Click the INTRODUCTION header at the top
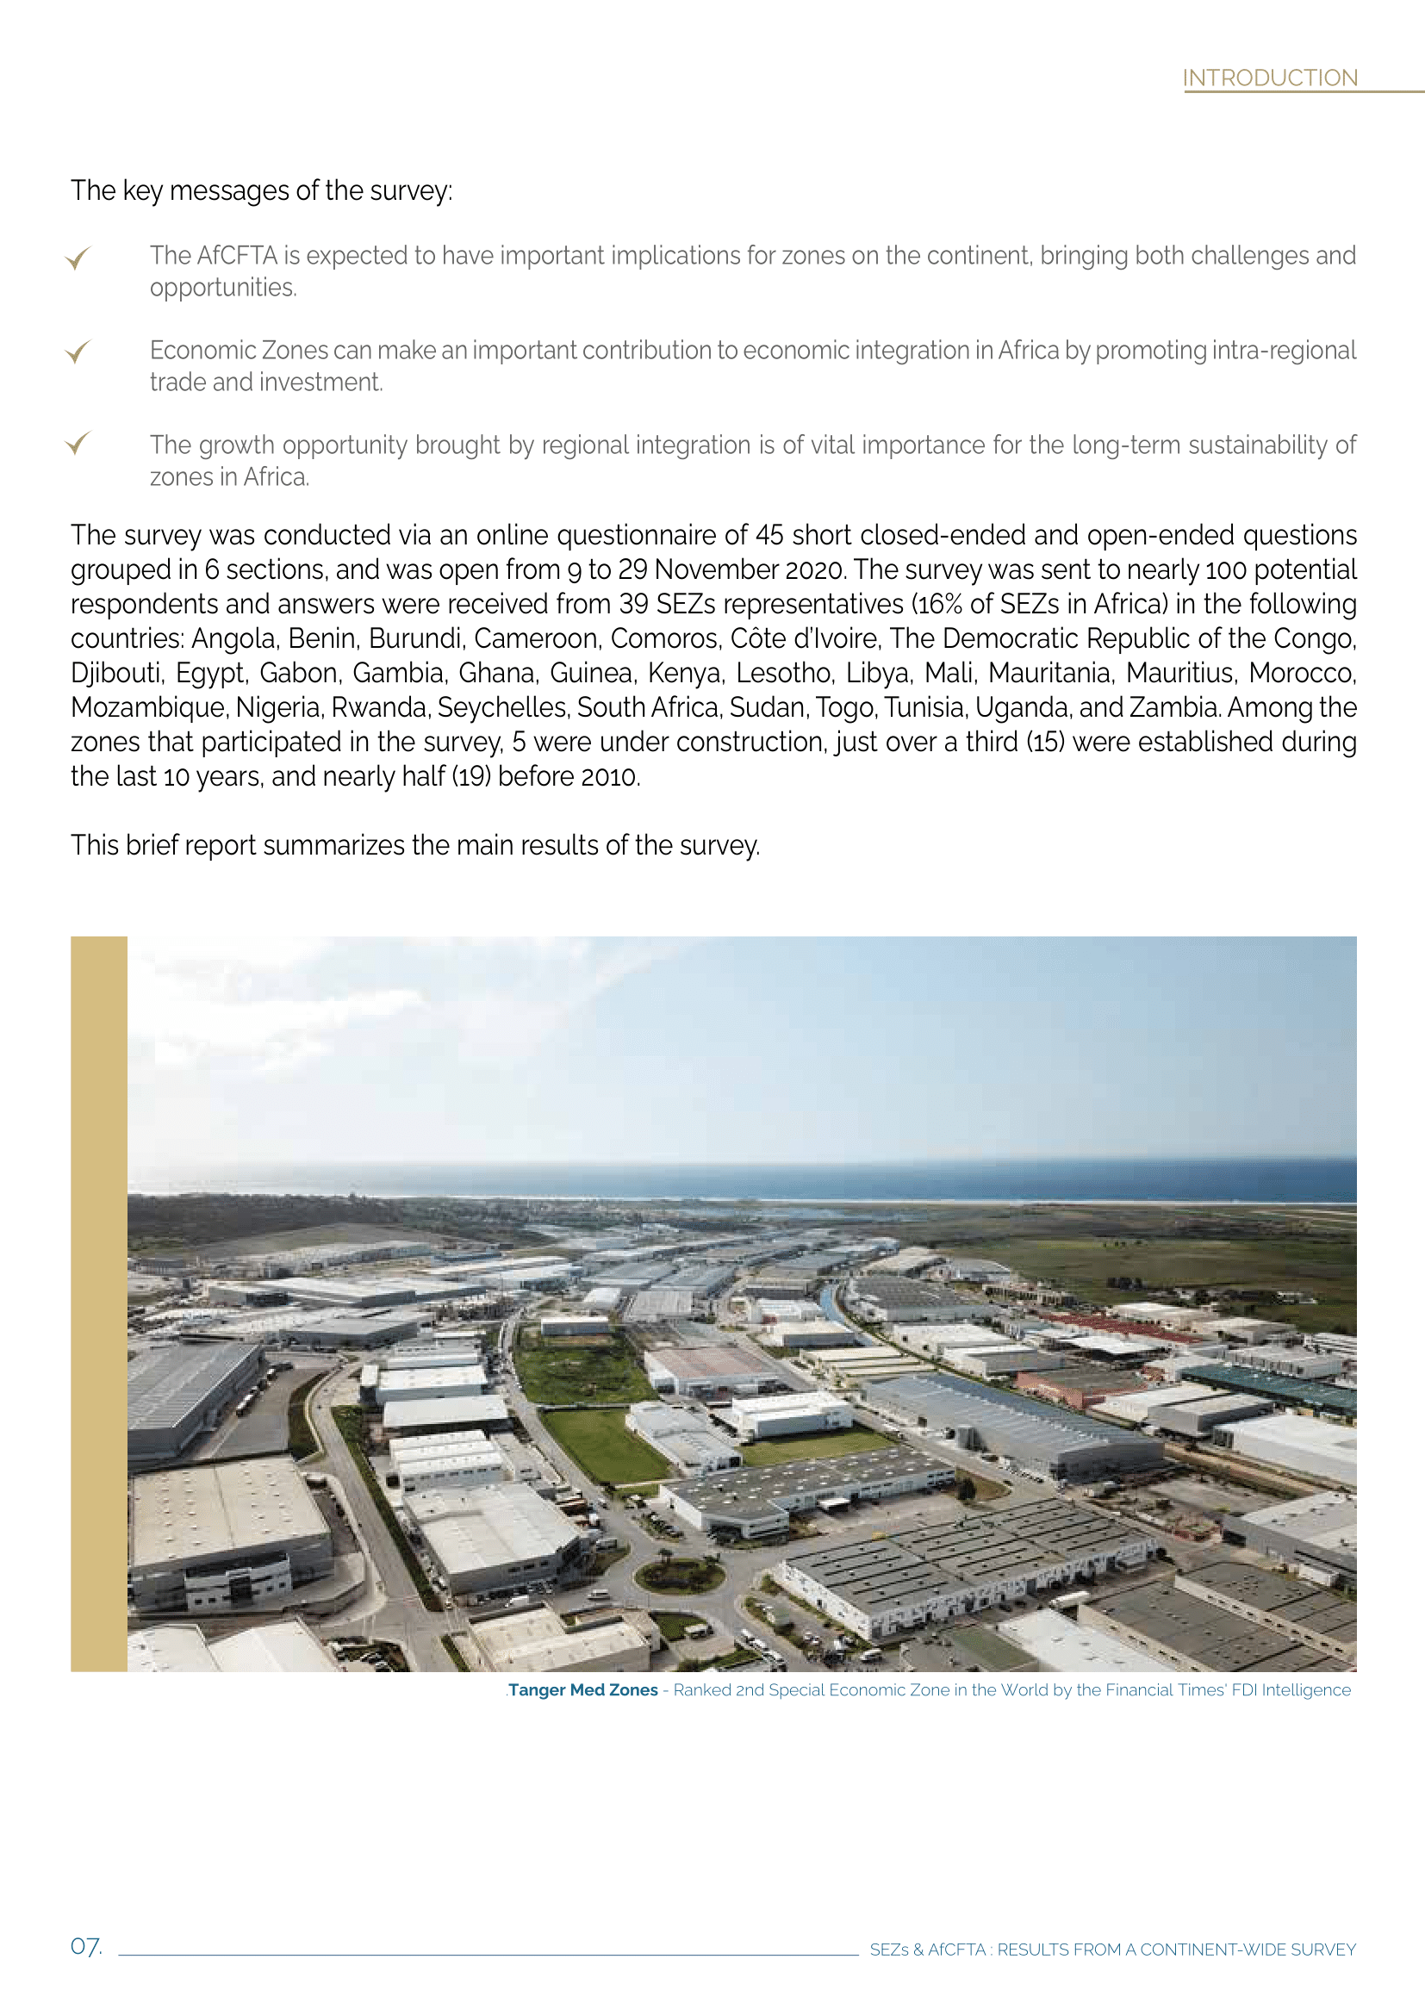(1269, 78)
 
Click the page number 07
(86, 1947)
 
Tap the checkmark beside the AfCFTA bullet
(78, 258)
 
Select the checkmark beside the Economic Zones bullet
(78, 352)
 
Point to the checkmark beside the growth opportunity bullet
(78, 443)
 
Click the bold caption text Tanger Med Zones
(582, 1689)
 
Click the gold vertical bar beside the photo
(98, 1303)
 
